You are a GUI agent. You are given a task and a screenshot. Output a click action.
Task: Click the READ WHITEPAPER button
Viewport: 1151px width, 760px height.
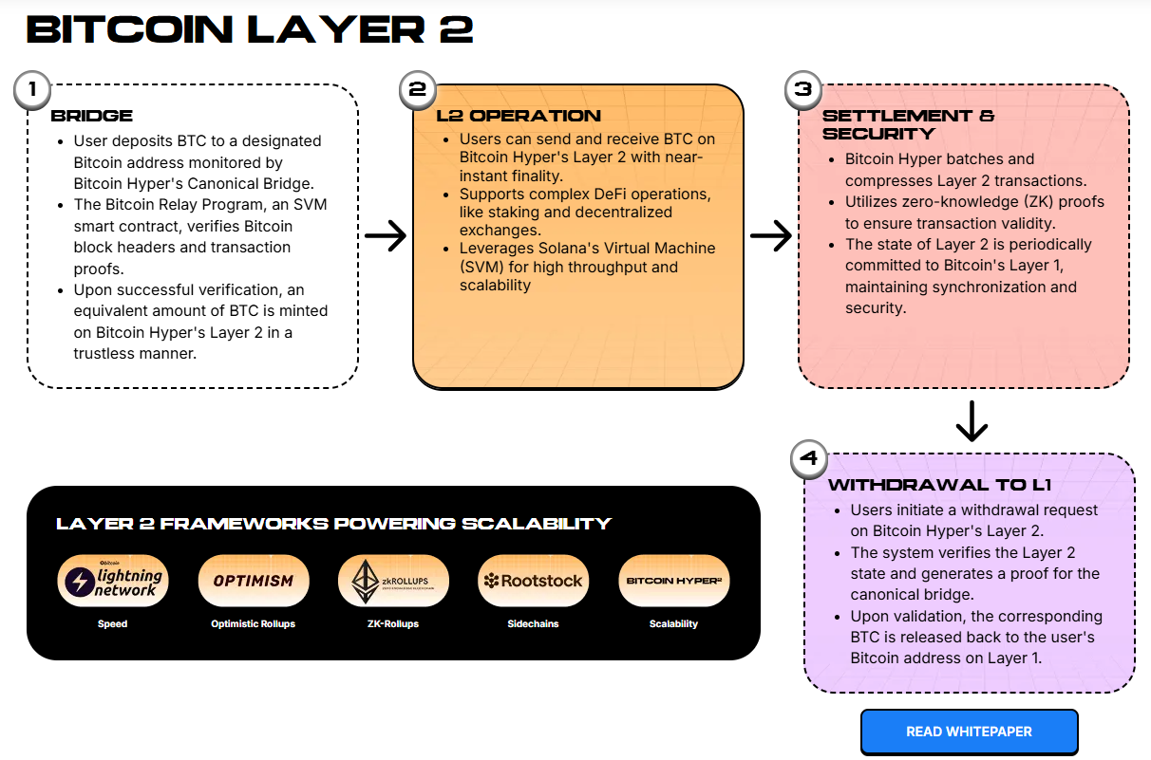tap(969, 732)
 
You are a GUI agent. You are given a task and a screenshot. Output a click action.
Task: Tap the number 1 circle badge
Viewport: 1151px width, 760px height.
tap(32, 91)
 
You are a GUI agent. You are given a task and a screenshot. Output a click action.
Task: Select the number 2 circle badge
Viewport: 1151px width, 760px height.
tap(417, 90)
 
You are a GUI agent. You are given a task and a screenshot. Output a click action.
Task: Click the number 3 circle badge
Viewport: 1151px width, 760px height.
tap(803, 90)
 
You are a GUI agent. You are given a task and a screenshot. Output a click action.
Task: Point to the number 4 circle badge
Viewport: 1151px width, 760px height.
tap(809, 460)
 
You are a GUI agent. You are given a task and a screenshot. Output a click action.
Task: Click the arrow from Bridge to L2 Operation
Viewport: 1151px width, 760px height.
tap(385, 236)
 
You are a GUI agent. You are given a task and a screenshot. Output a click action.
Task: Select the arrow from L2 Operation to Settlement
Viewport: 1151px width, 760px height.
tap(770, 236)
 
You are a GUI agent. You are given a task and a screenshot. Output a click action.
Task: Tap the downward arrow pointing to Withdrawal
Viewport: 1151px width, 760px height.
tap(972, 421)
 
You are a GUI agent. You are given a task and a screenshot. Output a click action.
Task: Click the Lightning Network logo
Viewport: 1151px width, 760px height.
tap(113, 581)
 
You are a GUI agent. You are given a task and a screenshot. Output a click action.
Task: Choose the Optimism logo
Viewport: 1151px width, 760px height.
tap(253, 581)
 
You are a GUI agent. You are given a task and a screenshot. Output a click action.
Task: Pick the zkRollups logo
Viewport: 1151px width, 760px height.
tap(393, 581)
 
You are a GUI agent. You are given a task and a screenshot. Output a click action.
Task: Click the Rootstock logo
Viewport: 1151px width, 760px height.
tap(533, 581)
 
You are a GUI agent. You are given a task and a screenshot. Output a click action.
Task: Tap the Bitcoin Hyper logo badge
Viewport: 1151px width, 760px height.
tap(673, 581)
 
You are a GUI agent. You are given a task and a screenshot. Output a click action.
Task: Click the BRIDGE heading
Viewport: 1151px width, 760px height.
tap(92, 117)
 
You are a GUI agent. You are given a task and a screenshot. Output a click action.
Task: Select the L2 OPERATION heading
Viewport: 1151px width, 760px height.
tap(519, 117)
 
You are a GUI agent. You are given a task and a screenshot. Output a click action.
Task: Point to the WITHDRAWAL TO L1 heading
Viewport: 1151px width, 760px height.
tap(939, 486)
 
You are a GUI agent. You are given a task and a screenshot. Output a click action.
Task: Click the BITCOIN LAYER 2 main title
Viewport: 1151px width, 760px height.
tap(250, 30)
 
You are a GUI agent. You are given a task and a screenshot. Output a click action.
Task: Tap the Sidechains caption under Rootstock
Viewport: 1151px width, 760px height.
tap(533, 624)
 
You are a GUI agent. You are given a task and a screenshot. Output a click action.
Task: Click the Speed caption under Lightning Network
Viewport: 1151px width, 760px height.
tap(112, 624)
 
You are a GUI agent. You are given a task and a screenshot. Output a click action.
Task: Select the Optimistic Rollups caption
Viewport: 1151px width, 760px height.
tap(253, 624)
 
